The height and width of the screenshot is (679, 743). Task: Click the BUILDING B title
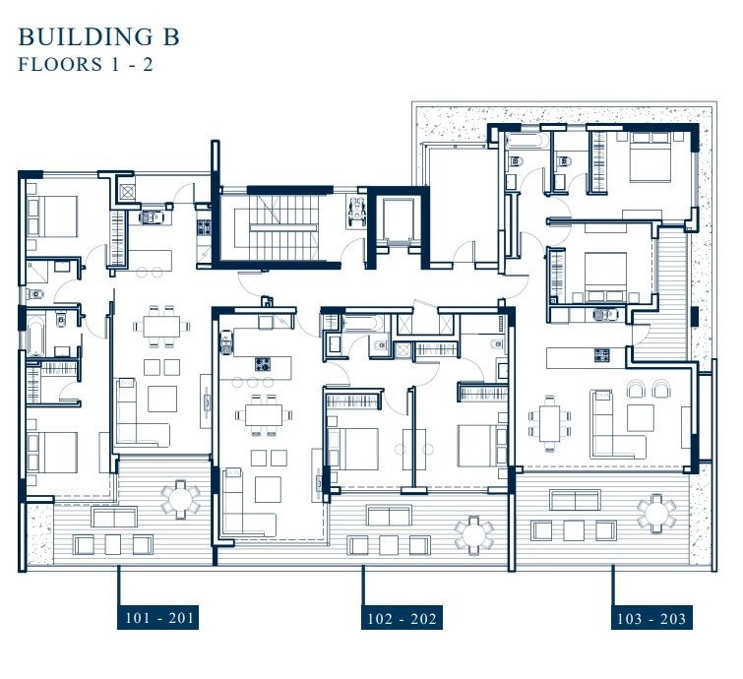99,37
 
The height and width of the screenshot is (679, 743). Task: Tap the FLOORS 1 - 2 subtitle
86,64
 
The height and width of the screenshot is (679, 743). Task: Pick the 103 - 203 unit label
651,617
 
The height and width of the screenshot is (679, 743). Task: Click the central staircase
282,227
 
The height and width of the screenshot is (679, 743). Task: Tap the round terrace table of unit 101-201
180,500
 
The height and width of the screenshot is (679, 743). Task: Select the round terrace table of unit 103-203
656,514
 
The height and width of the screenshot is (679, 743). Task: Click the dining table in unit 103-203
550,423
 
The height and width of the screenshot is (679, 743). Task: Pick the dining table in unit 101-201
161,326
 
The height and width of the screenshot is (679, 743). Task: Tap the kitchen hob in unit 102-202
263,364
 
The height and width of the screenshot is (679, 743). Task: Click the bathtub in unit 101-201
35,338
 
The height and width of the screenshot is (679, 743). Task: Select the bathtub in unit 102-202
361,324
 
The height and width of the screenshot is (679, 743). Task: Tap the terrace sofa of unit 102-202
388,515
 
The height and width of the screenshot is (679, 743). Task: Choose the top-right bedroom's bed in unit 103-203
650,156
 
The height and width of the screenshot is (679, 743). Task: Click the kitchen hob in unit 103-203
602,354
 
